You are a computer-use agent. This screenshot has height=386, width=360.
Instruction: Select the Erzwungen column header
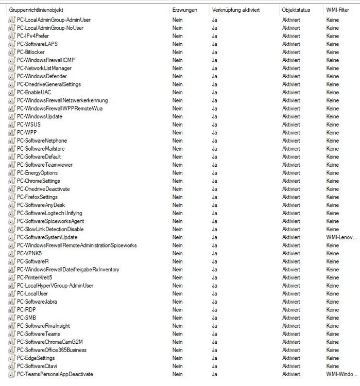[185, 10]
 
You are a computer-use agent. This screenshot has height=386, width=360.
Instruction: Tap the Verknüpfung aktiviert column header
[235, 10]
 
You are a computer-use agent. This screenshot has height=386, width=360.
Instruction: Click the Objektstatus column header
[296, 10]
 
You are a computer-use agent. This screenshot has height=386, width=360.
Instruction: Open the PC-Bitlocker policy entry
[30, 52]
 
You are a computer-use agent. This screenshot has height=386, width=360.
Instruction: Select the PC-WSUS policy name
[28, 125]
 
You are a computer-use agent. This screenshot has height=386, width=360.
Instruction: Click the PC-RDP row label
[27, 310]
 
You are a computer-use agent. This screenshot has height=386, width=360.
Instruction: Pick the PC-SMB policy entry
[27, 318]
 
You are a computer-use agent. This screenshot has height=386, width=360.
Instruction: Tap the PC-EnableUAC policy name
[34, 92]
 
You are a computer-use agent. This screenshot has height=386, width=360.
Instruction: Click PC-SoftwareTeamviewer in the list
[45, 165]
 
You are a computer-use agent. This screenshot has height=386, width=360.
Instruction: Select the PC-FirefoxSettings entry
[37, 197]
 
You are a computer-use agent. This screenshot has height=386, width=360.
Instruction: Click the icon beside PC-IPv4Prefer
[12, 36]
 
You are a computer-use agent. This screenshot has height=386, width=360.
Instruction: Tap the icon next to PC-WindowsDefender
[12, 76]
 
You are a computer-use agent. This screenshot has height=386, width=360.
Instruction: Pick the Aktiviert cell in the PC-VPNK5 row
[291, 253]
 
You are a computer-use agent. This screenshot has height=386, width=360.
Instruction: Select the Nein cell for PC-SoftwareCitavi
[178, 366]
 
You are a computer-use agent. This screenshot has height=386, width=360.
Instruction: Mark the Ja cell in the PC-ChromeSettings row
[214, 181]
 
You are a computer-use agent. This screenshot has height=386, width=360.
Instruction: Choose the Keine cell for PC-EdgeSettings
[332, 358]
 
